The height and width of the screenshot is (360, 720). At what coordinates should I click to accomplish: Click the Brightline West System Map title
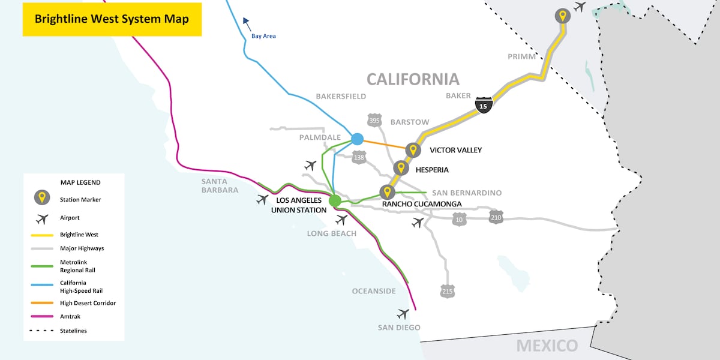(x=112, y=19)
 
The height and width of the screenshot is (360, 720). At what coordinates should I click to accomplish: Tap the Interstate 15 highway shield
(x=484, y=104)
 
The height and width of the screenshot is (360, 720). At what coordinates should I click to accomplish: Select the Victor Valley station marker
(x=413, y=150)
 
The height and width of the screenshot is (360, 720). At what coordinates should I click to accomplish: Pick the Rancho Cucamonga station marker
(x=388, y=193)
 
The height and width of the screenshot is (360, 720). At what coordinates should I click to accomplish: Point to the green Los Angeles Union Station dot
(x=335, y=200)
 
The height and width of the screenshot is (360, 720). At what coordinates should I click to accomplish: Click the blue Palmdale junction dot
(x=358, y=139)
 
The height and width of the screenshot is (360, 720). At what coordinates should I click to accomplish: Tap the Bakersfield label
(x=341, y=96)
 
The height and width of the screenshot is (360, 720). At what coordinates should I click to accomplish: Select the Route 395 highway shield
(x=375, y=121)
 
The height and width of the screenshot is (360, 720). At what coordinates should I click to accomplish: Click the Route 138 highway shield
(x=359, y=157)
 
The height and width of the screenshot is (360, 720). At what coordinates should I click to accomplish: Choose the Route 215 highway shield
(x=447, y=292)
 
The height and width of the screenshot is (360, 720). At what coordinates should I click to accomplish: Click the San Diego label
(x=399, y=328)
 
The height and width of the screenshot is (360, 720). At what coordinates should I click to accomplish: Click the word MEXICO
(x=547, y=346)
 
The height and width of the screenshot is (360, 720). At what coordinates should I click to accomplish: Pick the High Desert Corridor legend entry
(x=88, y=303)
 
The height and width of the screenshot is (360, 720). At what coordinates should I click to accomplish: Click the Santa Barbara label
(x=220, y=185)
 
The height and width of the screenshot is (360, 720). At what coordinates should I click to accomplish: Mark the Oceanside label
(x=374, y=291)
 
